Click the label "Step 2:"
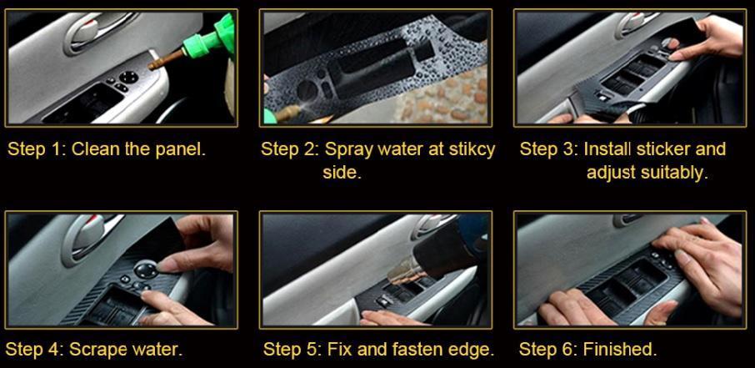(290, 149)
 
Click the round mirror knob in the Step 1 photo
(128, 77)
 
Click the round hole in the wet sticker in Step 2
(307, 90)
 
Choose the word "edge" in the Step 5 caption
(475, 349)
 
